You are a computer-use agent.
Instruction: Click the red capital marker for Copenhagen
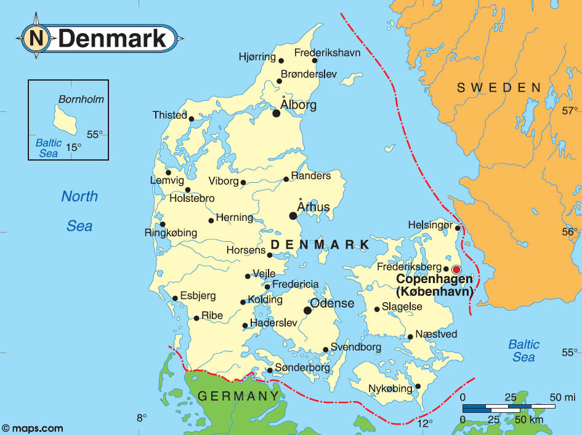(456, 269)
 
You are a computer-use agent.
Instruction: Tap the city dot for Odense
(307, 311)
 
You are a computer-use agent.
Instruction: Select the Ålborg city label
(298, 105)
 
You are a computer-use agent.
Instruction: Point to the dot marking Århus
(293, 215)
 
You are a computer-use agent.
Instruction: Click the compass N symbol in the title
(36, 38)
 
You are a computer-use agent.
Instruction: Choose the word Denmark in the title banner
(114, 38)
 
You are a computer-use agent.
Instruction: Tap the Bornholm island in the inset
(65, 119)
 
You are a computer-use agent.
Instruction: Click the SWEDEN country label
(499, 88)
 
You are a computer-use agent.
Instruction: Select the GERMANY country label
(234, 396)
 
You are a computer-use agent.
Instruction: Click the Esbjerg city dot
(175, 298)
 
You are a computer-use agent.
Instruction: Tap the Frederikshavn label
(327, 53)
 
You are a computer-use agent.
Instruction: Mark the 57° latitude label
(570, 111)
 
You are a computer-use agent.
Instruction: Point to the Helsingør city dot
(458, 228)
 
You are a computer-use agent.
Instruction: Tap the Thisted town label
(170, 115)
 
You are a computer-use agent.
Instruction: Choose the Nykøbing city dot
(418, 386)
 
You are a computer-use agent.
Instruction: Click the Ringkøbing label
(171, 233)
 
